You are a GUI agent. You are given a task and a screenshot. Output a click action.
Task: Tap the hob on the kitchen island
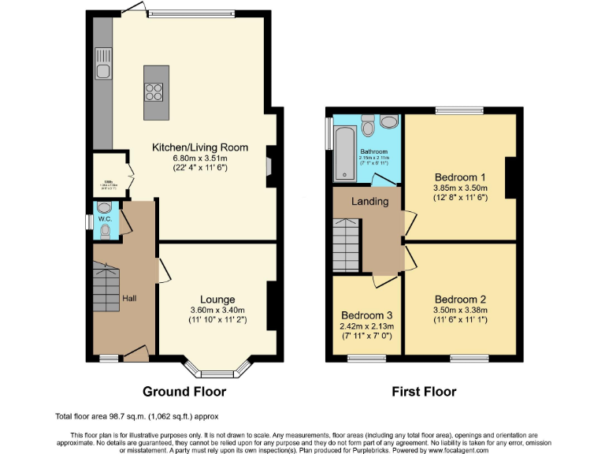coord(154,91)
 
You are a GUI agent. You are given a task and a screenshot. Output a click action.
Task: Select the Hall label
coord(129,300)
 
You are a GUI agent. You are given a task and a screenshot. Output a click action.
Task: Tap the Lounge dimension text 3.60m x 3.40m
coord(217,311)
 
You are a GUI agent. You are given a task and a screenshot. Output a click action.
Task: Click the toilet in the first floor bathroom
coord(388,123)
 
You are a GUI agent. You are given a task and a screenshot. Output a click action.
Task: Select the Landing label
coord(369,201)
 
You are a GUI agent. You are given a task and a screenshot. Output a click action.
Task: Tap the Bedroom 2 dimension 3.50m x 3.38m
coord(461,311)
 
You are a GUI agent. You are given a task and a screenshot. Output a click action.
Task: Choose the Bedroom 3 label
coord(365,314)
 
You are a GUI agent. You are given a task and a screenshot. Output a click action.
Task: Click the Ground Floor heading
coord(184,391)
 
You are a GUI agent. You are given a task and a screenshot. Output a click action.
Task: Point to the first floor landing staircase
coord(347,245)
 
